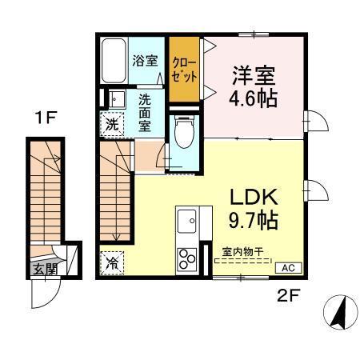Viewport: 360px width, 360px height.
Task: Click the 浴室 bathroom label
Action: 146,61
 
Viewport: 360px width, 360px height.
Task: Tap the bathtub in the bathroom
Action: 112,60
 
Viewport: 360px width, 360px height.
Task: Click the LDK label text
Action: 254,196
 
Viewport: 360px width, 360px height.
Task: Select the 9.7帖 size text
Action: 254,220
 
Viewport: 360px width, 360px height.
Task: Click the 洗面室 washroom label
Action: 146,112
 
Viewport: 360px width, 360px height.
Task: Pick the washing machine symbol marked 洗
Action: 114,126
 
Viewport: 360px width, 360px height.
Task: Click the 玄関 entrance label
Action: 45,269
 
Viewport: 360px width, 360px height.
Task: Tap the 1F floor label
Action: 44,121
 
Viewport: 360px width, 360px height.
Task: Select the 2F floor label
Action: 287,296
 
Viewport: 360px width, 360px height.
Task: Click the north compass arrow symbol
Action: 339,310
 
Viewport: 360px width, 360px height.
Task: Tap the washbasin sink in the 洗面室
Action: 115,100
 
